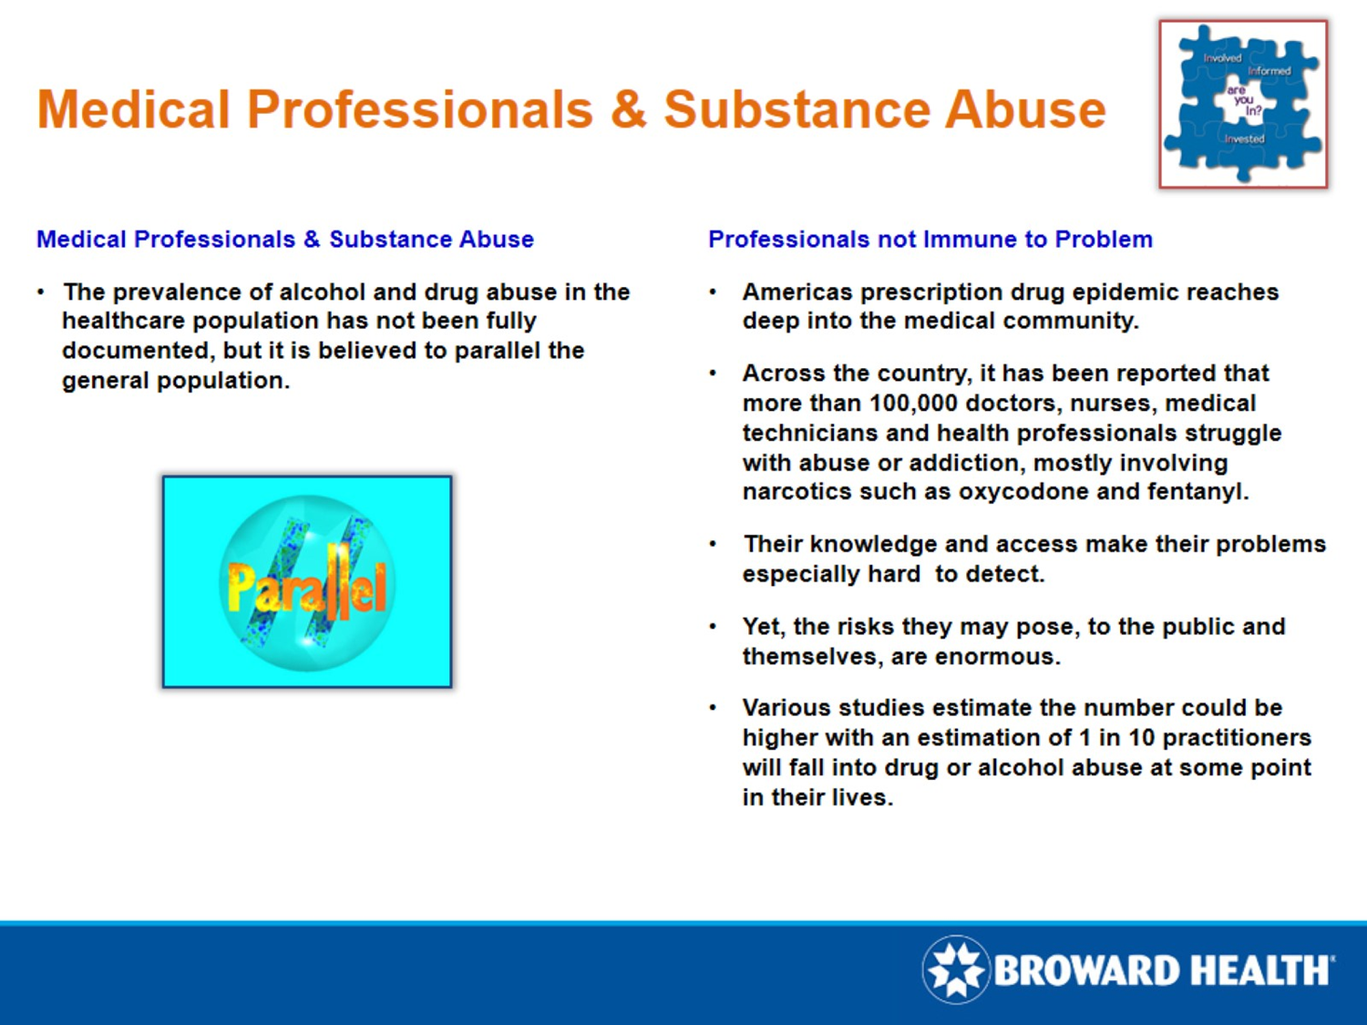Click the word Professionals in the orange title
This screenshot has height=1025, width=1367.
pos(420,110)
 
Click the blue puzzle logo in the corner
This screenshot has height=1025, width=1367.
pos(1243,104)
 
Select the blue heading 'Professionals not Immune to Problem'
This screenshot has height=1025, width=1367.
pos(930,240)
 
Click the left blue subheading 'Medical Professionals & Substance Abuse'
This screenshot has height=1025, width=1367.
pos(284,240)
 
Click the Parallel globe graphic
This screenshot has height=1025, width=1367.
pos(307,582)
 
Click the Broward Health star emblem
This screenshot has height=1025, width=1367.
pos(955,969)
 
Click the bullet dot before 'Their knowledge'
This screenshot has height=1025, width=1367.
pos(714,545)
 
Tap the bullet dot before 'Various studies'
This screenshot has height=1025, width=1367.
pos(714,708)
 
